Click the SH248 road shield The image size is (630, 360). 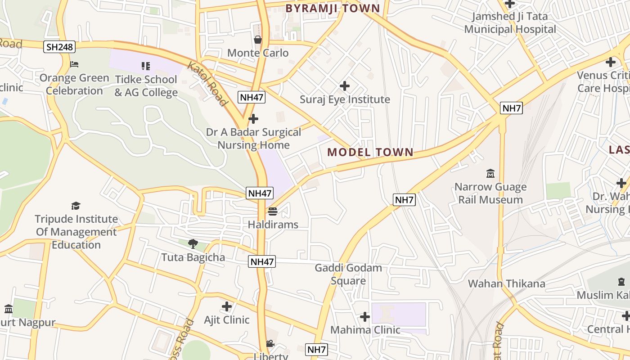tap(59, 46)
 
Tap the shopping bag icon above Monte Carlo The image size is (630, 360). tap(258, 40)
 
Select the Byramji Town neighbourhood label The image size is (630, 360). tap(333, 8)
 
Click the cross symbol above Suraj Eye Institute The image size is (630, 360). tap(345, 85)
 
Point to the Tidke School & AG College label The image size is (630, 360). tap(146, 86)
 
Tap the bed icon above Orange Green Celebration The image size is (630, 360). tap(74, 64)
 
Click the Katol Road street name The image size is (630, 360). tap(207, 84)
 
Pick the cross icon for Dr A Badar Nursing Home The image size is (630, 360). tap(253, 119)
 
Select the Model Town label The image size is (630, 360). tap(370, 152)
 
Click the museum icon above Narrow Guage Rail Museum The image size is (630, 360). tap(490, 173)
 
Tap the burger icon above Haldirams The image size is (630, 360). tap(273, 211)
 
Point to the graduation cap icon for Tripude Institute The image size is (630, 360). tap(76, 206)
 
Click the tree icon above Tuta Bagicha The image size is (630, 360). tap(193, 244)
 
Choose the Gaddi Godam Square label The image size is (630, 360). tap(348, 274)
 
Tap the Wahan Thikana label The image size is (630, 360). tap(506, 283)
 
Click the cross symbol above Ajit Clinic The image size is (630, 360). tap(227, 307)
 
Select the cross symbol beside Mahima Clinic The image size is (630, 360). tap(364, 317)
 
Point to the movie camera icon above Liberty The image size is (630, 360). tap(270, 344)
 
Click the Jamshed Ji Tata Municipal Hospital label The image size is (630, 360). tap(510, 23)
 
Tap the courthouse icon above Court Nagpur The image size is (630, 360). tap(9, 309)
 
